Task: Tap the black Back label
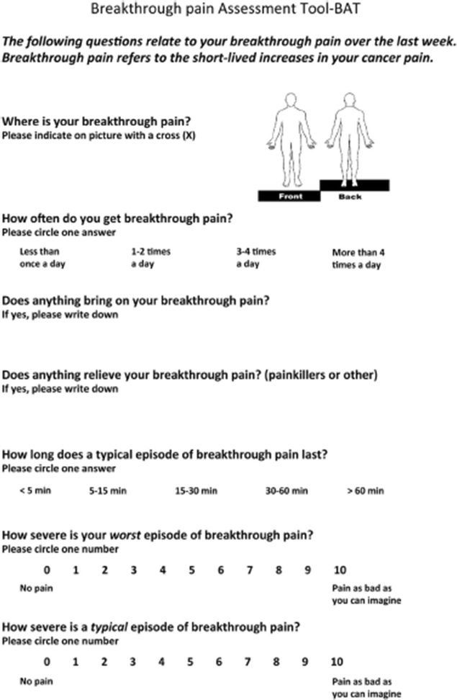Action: click(x=350, y=196)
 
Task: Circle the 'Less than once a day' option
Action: click(x=40, y=258)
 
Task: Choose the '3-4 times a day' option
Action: click(x=255, y=258)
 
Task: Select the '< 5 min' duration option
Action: click(x=36, y=491)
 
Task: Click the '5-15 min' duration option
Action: click(x=108, y=491)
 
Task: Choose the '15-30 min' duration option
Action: click(x=196, y=491)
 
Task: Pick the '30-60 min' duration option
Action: click(x=286, y=491)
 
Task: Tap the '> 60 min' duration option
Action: click(x=365, y=491)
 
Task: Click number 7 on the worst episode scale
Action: click(x=249, y=570)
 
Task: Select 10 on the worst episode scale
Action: click(x=338, y=570)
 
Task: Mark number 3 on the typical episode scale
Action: click(x=132, y=661)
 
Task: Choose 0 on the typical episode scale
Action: click(x=46, y=661)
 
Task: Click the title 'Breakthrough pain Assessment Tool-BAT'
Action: click(x=228, y=10)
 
